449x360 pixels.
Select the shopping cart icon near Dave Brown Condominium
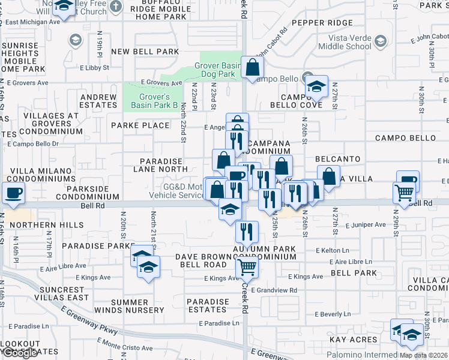click(247, 267)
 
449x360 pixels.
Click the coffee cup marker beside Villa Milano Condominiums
click(13, 193)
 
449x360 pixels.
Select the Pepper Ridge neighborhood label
click(322, 23)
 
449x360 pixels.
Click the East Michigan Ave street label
click(34, 22)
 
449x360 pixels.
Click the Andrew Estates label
click(98, 101)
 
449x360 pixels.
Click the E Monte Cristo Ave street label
click(124, 347)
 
